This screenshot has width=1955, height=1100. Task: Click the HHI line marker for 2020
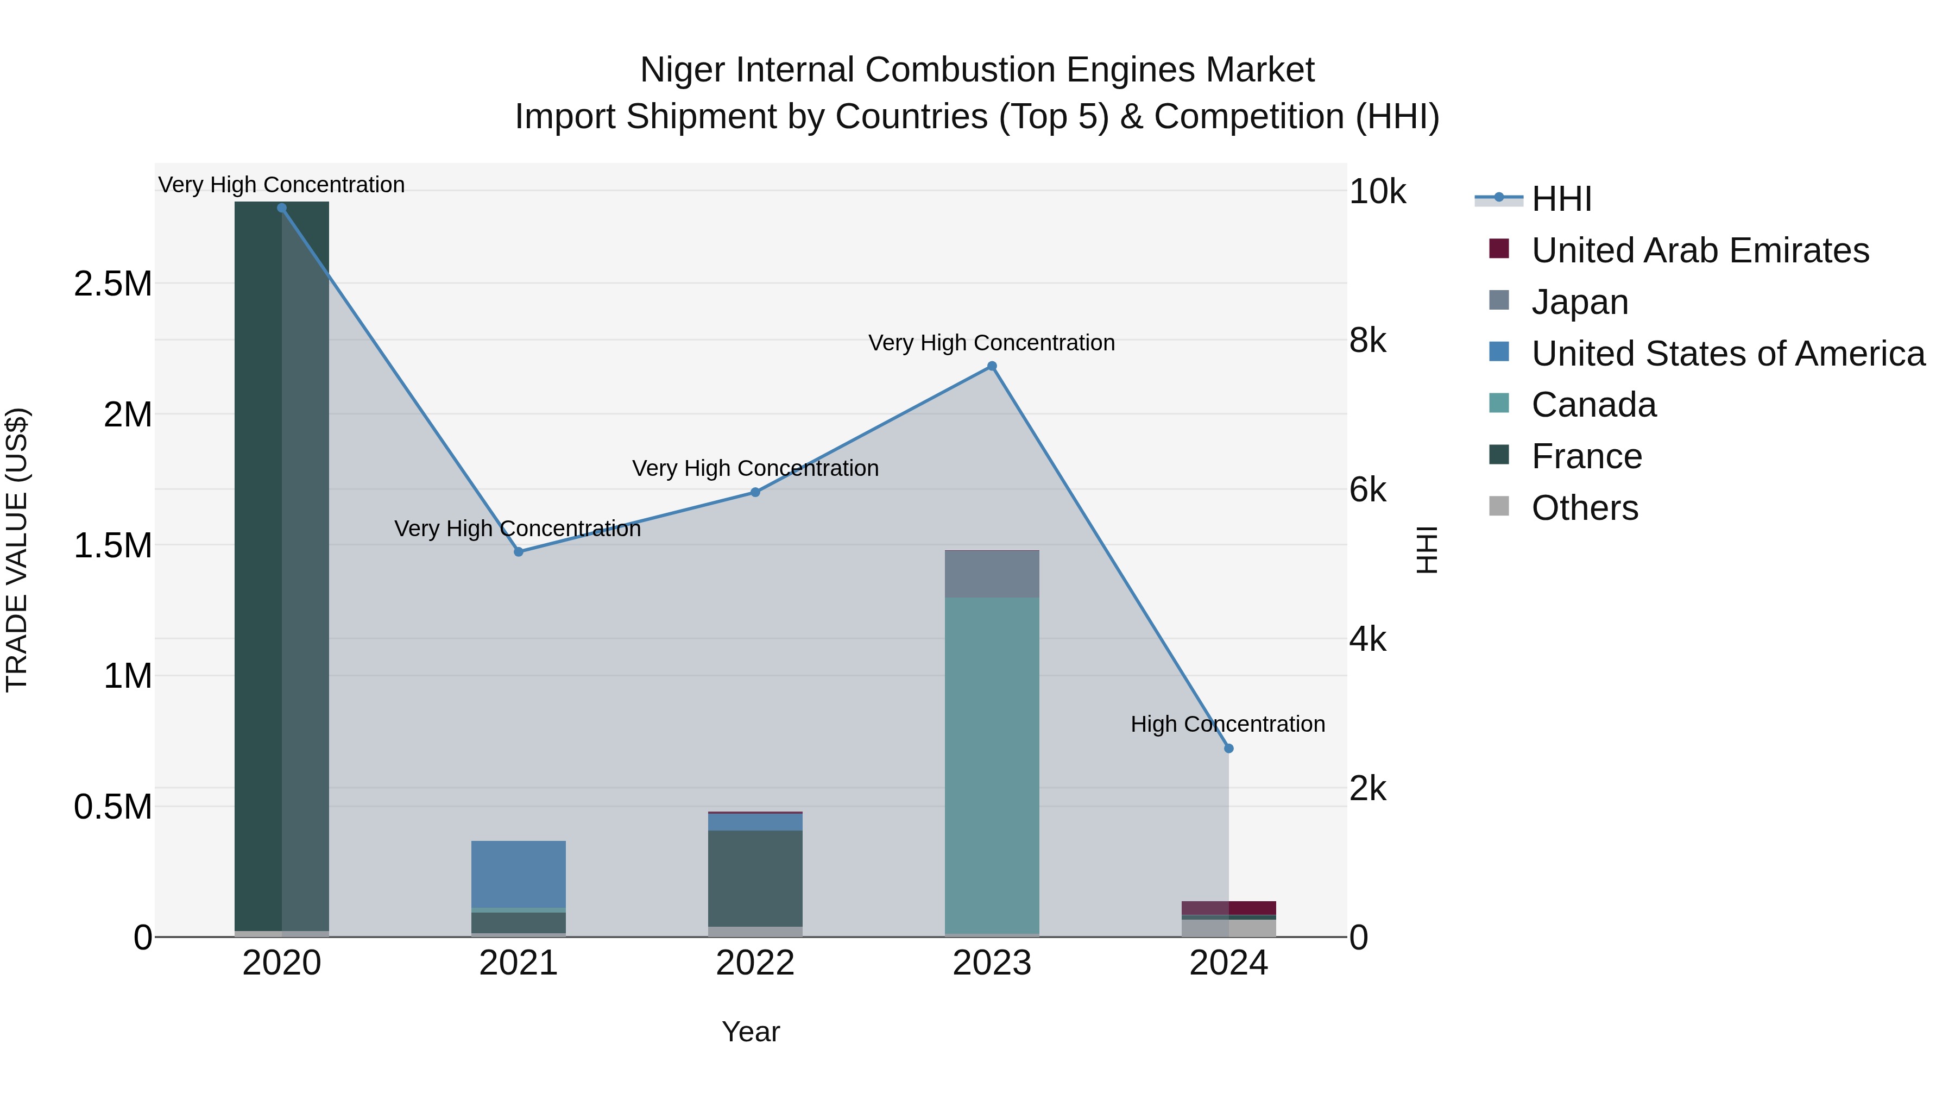point(281,208)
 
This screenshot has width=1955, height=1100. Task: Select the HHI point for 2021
point(519,552)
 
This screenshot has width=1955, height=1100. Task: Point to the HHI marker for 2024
point(1229,749)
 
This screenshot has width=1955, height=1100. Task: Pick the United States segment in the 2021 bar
point(519,873)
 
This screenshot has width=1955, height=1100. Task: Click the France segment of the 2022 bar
point(755,878)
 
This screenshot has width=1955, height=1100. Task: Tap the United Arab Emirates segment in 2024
point(1229,908)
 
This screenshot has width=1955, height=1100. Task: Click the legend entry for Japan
point(1579,302)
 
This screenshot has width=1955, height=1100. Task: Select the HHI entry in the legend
point(1561,199)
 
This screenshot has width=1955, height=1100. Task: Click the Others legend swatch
point(1499,506)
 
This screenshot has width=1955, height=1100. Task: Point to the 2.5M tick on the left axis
point(113,284)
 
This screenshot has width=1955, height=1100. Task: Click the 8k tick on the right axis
point(1367,341)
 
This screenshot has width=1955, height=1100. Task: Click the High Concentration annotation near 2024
point(1227,724)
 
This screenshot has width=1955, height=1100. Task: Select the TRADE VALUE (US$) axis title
point(17,550)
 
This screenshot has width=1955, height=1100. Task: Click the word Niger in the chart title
point(682,70)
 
